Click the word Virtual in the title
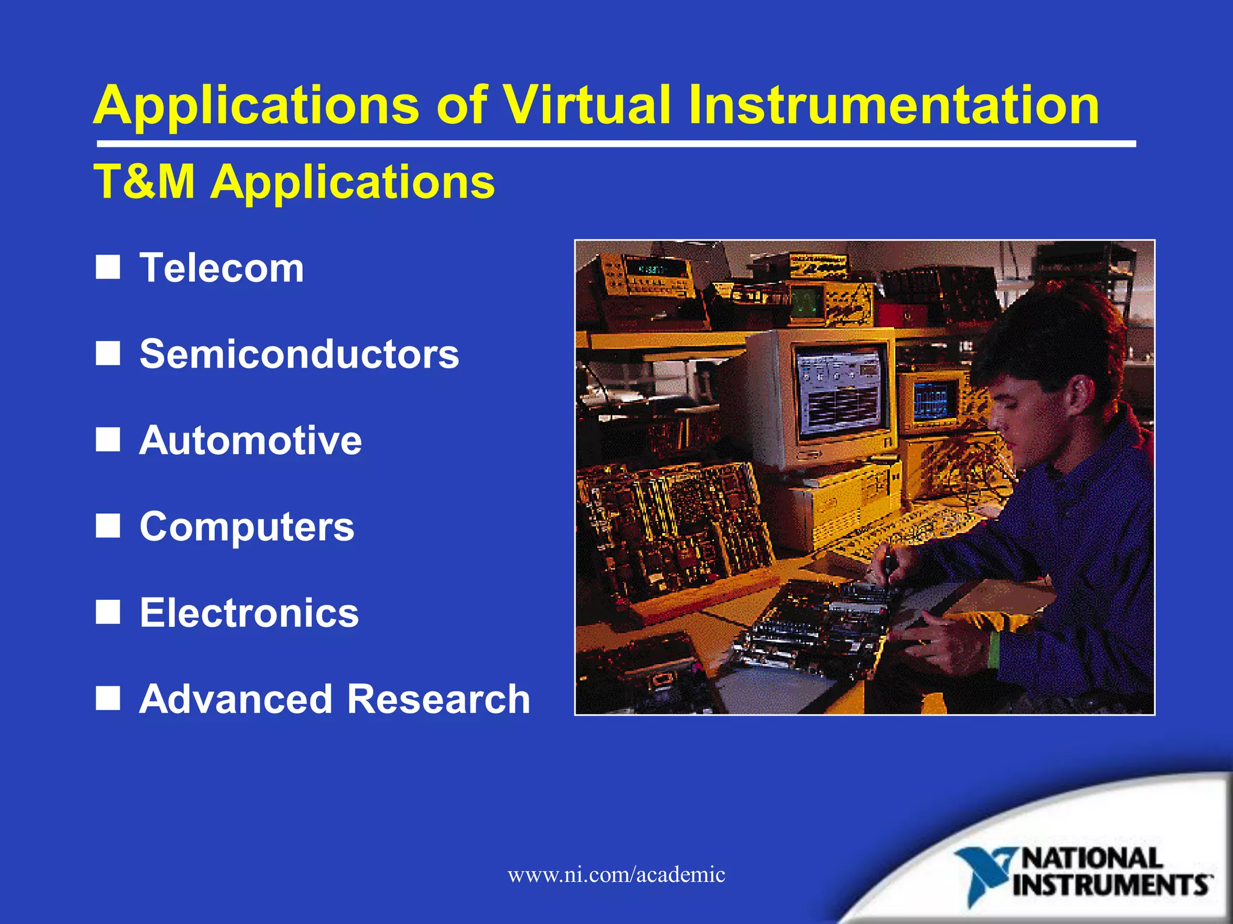[586, 105]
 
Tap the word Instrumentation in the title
[894, 105]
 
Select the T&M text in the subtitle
[144, 181]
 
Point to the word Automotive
[250, 440]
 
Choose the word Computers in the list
[247, 526]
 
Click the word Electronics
[249, 613]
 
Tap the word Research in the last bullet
[439, 699]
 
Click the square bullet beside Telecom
[108, 267]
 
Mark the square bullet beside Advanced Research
[108, 698]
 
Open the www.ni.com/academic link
[616, 874]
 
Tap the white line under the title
[616, 144]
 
